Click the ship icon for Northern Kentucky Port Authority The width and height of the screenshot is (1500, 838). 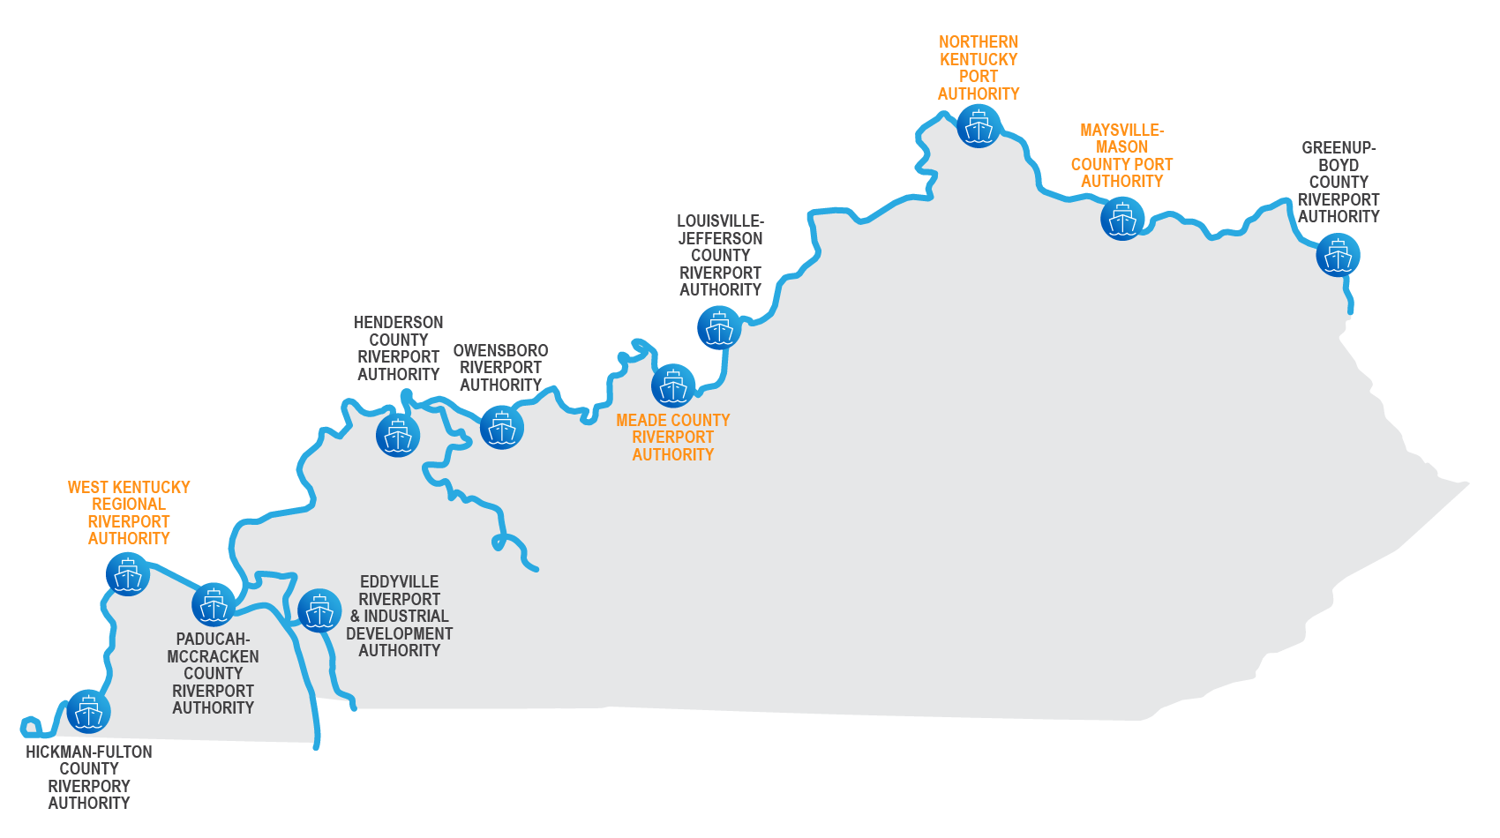pyautogui.click(x=979, y=126)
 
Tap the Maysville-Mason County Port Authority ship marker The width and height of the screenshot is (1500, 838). pyautogui.click(x=1122, y=219)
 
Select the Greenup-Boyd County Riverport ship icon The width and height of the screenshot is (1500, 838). pyautogui.click(x=1338, y=255)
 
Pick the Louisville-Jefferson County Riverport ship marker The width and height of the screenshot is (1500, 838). pyautogui.click(x=719, y=328)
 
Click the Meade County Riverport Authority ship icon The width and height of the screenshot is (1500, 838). pyautogui.click(x=673, y=385)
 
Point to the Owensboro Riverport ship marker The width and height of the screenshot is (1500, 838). pyautogui.click(x=501, y=428)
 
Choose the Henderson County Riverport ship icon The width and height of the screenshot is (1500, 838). pyautogui.click(x=398, y=436)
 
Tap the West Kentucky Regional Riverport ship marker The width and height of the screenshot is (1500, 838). pyautogui.click(x=128, y=574)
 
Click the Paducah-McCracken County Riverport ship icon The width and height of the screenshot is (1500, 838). pyautogui.click(x=214, y=605)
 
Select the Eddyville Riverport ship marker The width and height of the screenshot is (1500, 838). pyautogui.click(x=319, y=610)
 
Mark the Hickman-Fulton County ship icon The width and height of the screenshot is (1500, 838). pyautogui.click(x=88, y=712)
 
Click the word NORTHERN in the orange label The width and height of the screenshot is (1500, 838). pyautogui.click(x=979, y=42)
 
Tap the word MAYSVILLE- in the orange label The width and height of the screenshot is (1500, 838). pyautogui.click(x=1122, y=130)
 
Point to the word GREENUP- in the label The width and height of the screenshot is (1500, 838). pyautogui.click(x=1339, y=147)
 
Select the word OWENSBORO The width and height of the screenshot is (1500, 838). pyautogui.click(x=501, y=351)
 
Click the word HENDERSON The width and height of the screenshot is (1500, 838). pyautogui.click(x=399, y=323)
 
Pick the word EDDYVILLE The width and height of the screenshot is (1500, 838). pyautogui.click(x=399, y=582)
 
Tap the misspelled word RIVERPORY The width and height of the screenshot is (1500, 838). pyautogui.click(x=89, y=787)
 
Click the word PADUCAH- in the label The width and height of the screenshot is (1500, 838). pyautogui.click(x=213, y=640)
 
